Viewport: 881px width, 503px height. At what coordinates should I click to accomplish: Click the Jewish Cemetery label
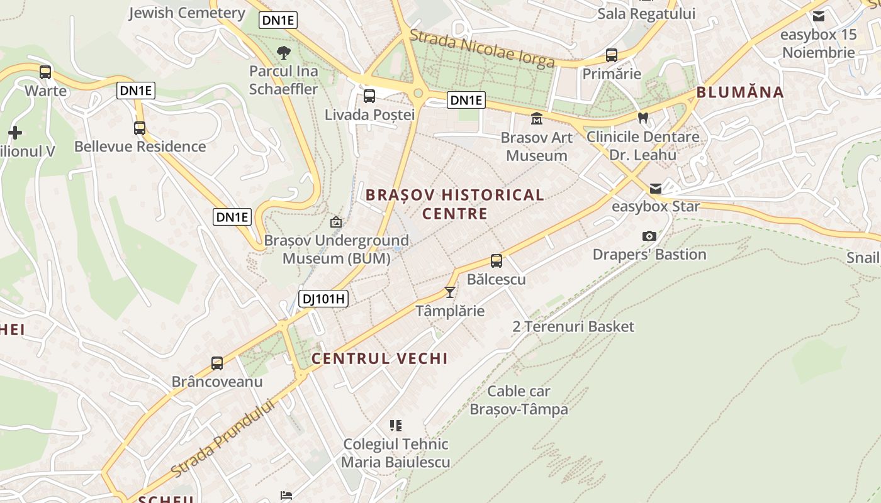[x=186, y=13]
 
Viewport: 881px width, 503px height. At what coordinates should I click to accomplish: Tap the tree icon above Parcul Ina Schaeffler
[x=284, y=52]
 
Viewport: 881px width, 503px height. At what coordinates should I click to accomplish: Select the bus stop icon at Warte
[x=45, y=72]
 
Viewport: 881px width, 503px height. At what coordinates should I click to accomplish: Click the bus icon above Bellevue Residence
[x=140, y=128]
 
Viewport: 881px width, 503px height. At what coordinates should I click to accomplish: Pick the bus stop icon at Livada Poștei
[x=369, y=96]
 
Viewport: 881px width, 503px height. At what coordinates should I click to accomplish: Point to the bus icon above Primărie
[x=611, y=55]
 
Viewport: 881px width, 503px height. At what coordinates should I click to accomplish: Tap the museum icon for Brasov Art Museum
[x=537, y=118]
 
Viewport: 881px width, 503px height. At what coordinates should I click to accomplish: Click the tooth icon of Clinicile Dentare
[x=643, y=118]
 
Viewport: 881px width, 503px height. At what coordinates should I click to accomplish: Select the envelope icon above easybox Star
[x=656, y=188]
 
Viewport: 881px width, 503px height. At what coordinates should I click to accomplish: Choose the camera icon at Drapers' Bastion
[x=649, y=236]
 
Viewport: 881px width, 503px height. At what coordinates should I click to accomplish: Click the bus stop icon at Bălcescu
[x=497, y=260]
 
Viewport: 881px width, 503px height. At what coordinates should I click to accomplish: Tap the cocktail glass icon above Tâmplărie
[x=450, y=292]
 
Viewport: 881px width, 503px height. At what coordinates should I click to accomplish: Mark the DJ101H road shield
[x=323, y=299]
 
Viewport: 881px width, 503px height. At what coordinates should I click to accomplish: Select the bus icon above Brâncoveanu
[x=217, y=363]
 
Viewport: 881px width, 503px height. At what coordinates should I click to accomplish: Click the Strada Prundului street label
[x=223, y=438]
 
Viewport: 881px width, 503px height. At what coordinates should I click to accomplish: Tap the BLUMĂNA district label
[x=740, y=92]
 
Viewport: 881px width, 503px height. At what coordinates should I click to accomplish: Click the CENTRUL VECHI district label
[x=379, y=358]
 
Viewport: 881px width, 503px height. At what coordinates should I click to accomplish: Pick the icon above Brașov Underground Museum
[x=336, y=222]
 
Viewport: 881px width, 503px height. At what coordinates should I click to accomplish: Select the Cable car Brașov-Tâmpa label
[x=519, y=400]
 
